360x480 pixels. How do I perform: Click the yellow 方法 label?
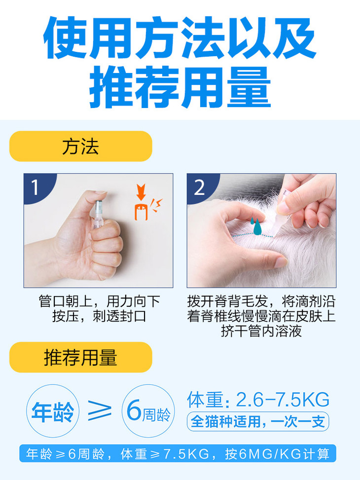(x=81, y=147)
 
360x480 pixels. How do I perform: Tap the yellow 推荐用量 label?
(x=81, y=357)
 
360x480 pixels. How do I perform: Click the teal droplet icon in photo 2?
(x=256, y=226)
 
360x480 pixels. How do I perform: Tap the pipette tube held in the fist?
(x=98, y=214)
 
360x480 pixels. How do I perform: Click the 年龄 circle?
(x=53, y=411)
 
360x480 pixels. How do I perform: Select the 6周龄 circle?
(x=148, y=411)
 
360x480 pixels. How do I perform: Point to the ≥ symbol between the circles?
(x=100, y=410)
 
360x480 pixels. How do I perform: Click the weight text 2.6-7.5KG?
(x=283, y=400)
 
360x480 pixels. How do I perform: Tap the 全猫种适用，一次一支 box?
(x=258, y=422)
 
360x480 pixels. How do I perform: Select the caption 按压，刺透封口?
(x=99, y=316)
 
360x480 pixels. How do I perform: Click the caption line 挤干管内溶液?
(x=261, y=331)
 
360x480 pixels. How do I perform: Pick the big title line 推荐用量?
(x=180, y=87)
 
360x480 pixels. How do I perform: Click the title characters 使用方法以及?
(x=180, y=37)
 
